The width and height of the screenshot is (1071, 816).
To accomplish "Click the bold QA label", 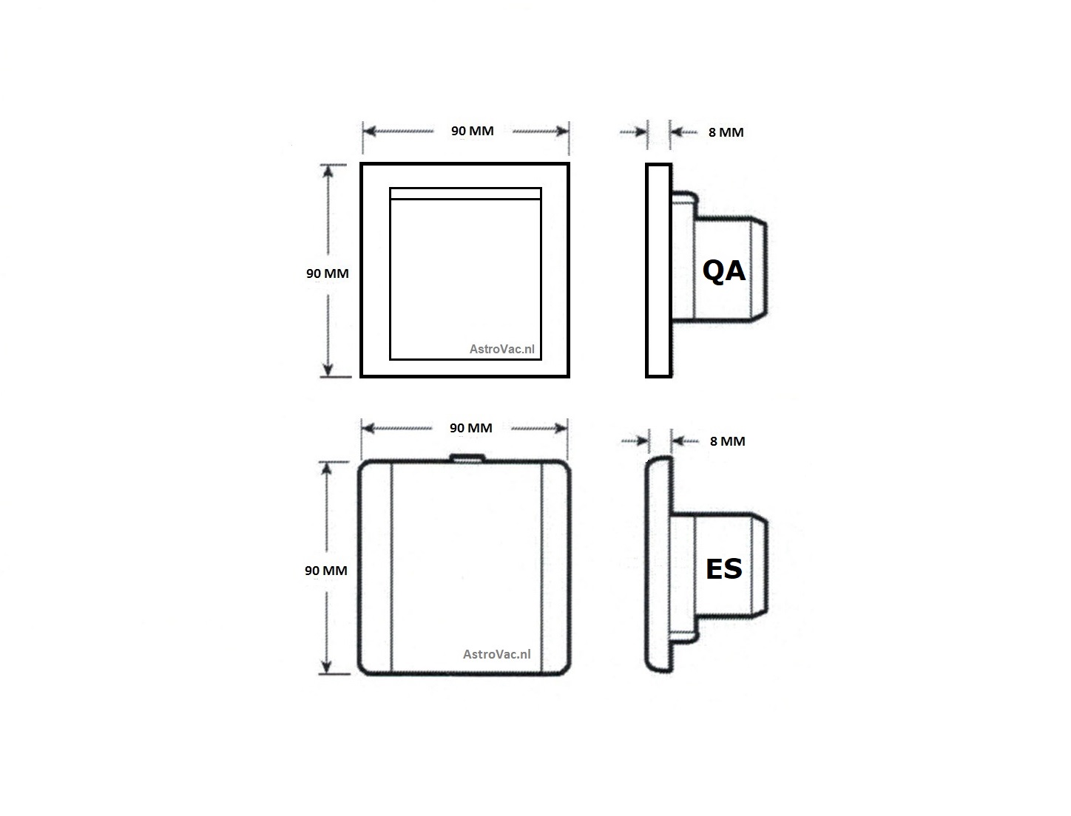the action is [x=723, y=271].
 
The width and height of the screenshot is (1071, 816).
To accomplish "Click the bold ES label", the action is [x=723, y=569].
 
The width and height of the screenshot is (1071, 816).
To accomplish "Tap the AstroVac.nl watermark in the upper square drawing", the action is [x=501, y=349].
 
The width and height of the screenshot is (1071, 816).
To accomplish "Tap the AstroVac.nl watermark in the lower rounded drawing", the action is [x=497, y=654].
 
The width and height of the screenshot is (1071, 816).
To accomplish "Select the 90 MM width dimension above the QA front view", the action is [x=473, y=131].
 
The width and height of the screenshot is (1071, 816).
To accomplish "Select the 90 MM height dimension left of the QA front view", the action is [x=328, y=273].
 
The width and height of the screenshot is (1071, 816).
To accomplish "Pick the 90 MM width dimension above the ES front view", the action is [x=471, y=428].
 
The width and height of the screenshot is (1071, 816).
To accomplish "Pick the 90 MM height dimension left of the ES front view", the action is [x=326, y=571].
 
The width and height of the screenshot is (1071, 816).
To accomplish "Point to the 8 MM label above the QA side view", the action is [x=726, y=132].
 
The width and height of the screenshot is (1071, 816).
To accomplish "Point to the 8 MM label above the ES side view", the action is [x=728, y=441].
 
